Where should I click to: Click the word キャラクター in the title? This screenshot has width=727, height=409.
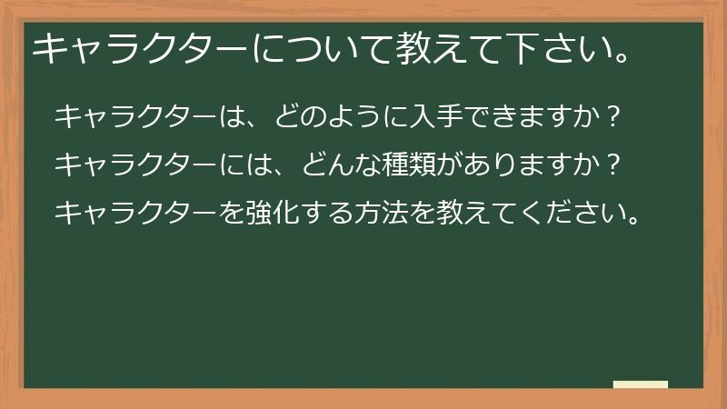coord(140,48)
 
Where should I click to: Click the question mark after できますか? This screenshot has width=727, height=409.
coord(612,117)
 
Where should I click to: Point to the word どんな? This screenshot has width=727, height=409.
coord(342,165)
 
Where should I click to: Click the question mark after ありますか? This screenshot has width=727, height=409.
coord(612,165)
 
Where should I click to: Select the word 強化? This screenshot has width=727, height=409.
coord(273,213)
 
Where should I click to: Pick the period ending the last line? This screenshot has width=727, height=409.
coord(634,220)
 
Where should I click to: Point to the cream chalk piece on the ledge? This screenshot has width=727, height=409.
coord(641,384)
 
